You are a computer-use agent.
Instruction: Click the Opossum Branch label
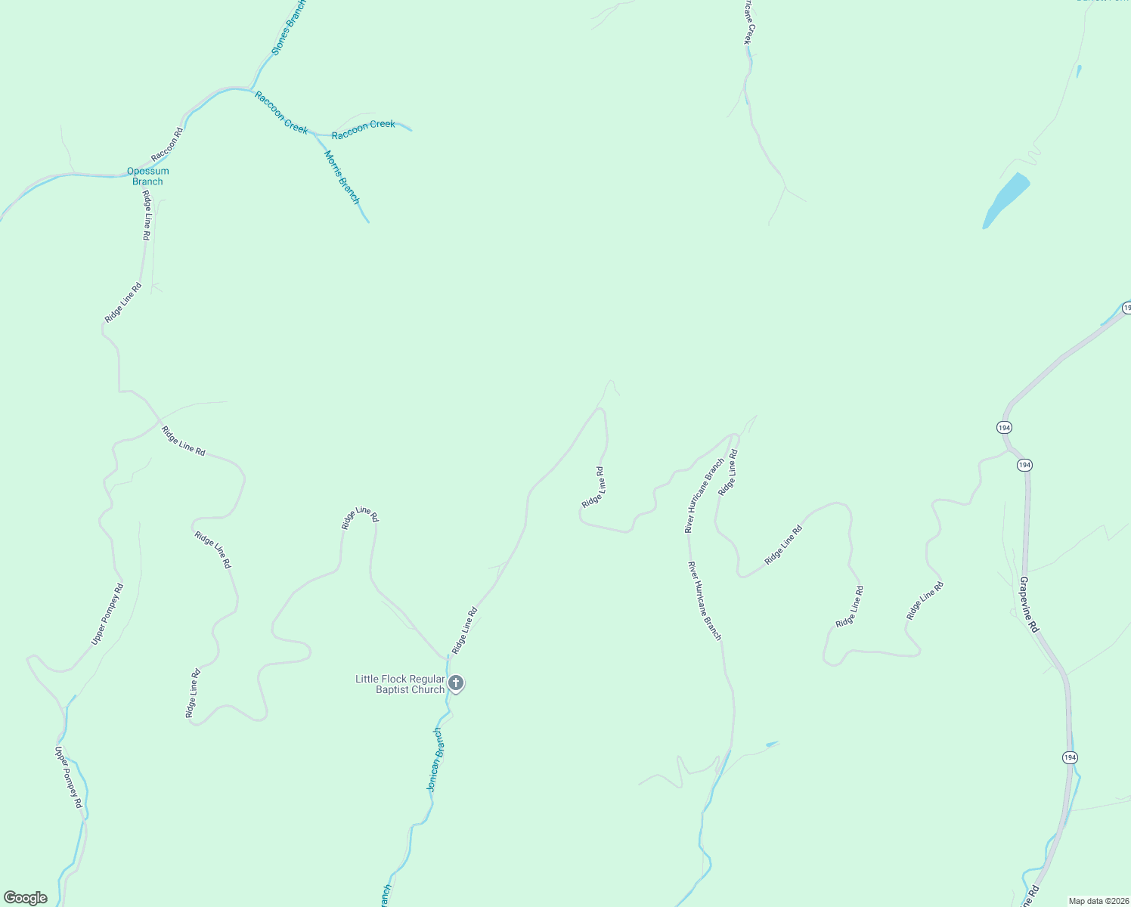tap(147, 176)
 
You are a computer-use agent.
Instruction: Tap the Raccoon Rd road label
tap(167, 144)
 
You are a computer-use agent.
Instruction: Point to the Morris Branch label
tap(342, 177)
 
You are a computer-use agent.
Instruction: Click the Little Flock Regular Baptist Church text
tap(400, 684)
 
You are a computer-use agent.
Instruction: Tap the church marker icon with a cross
tap(456, 684)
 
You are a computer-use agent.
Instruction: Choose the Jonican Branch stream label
tap(435, 759)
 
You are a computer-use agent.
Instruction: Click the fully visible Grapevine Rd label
tap(1029, 605)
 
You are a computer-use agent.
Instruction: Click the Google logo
tap(25, 898)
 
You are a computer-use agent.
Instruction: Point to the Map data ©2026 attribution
tap(1098, 901)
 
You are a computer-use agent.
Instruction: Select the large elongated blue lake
tap(1006, 200)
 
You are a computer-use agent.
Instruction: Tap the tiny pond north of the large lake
tap(1078, 72)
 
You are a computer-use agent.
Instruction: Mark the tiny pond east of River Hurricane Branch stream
tap(771, 744)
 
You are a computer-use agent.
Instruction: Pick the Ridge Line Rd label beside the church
tap(464, 630)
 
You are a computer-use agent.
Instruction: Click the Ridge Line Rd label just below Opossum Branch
tap(146, 215)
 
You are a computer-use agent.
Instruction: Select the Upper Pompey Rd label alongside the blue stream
tap(68, 777)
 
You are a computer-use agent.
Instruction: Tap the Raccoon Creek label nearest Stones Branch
tap(280, 112)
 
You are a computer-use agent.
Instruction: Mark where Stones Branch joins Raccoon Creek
tap(252, 88)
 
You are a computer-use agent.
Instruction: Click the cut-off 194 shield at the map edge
tap(1126, 308)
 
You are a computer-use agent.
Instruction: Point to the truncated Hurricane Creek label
tap(748, 21)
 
